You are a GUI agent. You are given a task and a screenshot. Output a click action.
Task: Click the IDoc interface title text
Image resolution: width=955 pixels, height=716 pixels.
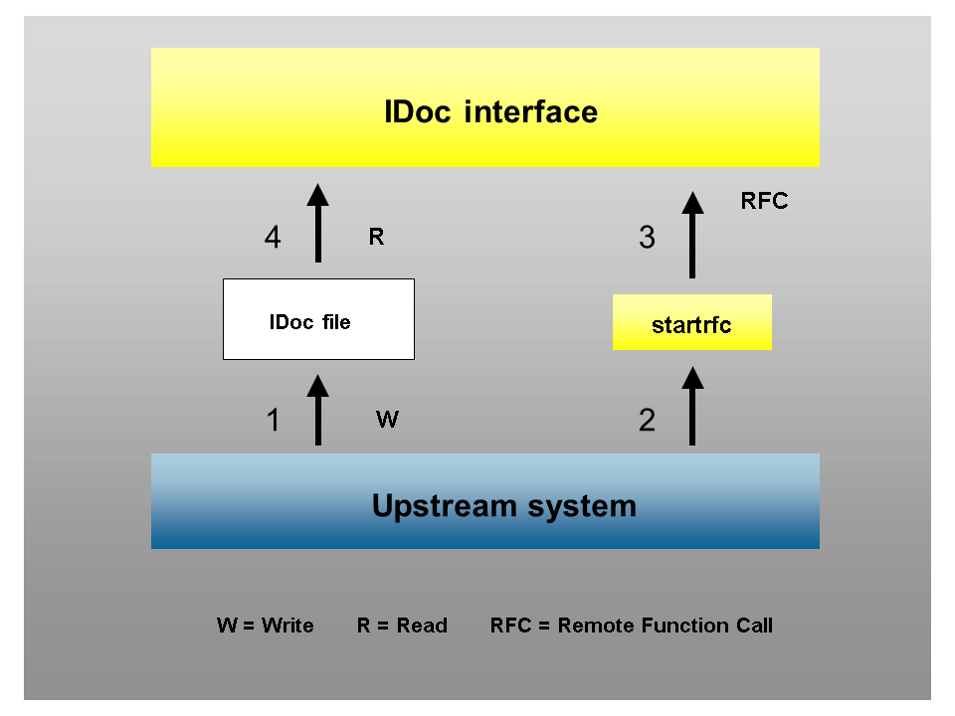(490, 111)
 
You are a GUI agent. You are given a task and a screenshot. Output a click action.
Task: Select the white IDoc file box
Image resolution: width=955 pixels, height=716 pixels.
(318, 319)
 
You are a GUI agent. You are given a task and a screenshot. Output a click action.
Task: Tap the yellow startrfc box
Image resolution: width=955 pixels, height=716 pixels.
(691, 323)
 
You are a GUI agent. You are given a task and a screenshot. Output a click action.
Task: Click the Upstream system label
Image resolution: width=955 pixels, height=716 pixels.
(503, 505)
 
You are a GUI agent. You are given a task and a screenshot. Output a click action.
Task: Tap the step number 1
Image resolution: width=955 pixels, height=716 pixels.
(273, 421)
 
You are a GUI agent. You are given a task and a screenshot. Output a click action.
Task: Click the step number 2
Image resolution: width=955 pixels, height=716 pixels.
(647, 421)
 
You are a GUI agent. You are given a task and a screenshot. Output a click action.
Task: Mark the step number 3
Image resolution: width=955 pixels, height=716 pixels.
(647, 239)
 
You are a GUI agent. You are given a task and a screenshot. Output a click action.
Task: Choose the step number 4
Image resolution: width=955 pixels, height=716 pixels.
(273, 239)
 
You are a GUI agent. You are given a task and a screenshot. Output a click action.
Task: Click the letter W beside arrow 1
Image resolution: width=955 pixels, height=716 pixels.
(387, 420)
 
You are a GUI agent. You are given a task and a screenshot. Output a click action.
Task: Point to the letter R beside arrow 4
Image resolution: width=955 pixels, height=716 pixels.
(376, 238)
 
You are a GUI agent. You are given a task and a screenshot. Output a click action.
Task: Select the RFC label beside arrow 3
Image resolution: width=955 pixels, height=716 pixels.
(764, 201)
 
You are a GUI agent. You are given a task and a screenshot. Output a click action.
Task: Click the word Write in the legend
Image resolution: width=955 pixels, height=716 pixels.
(287, 626)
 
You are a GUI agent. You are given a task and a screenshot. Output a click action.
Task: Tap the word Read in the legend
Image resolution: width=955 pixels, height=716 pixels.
(422, 626)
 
